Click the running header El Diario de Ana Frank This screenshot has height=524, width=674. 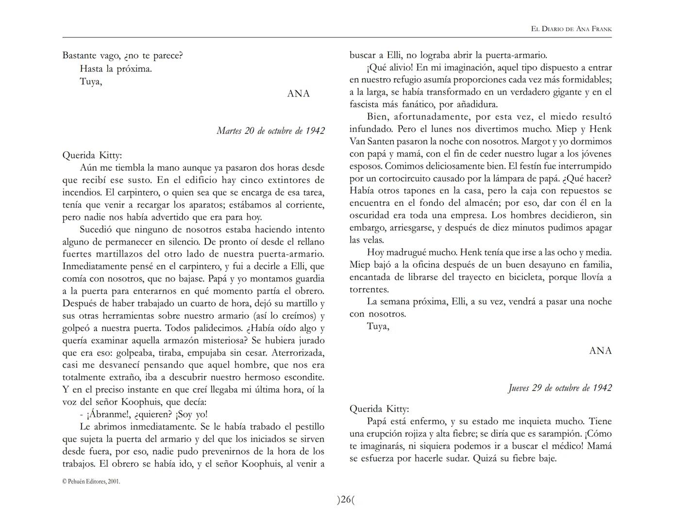(571, 29)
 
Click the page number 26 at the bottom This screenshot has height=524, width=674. (345, 500)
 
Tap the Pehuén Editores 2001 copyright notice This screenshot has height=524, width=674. (91, 482)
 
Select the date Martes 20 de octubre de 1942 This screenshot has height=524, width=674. (270, 131)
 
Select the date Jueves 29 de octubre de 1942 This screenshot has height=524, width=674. (560, 388)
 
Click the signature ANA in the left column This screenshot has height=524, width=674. (298, 94)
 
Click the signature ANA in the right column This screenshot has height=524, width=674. (600, 351)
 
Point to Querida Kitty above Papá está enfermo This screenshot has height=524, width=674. (379, 409)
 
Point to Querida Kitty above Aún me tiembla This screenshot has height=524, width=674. (92, 155)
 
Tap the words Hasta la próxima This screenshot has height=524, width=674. (116, 69)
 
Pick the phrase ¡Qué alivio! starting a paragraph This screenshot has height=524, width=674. (390, 67)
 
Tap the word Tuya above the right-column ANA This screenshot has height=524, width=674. (378, 326)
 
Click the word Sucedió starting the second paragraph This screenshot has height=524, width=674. (95, 229)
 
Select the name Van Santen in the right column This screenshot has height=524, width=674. (370, 142)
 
